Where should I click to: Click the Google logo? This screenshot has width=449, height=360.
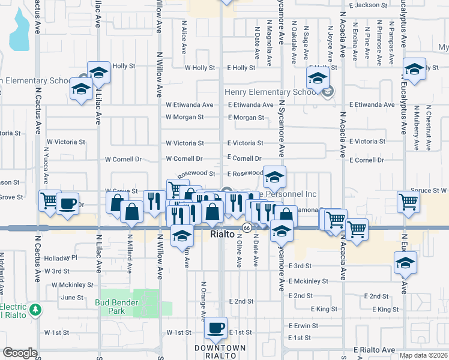click(20, 353)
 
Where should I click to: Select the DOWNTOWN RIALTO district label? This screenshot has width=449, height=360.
click(220, 352)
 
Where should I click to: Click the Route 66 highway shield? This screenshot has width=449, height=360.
click(247, 228)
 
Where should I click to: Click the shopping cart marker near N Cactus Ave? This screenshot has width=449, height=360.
click(49, 200)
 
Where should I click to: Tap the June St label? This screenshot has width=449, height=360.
click(72, 297)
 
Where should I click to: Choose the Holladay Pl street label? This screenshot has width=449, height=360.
click(62, 258)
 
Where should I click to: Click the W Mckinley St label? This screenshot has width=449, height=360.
click(68, 285)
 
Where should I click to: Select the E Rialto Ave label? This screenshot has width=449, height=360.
click(374, 350)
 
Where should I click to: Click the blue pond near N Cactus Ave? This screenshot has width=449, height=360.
click(19, 33)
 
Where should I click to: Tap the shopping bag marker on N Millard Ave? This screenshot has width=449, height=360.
click(131, 212)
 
